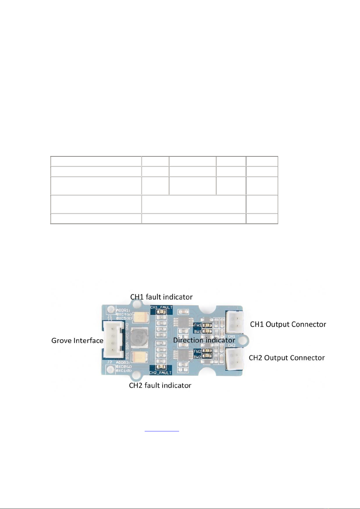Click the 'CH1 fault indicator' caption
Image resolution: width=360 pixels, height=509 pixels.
(161, 297)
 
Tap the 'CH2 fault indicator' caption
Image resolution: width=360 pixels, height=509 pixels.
(160, 385)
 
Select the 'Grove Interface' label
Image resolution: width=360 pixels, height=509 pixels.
(77, 340)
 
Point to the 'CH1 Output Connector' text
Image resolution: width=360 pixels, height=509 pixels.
(288, 324)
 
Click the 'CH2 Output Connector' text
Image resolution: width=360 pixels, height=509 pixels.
(287, 358)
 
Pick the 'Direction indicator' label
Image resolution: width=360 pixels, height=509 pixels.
(204, 340)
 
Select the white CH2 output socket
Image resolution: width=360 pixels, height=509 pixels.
(234, 358)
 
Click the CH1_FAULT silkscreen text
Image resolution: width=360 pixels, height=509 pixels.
(161, 307)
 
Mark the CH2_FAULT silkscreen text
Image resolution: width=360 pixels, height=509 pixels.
(160, 373)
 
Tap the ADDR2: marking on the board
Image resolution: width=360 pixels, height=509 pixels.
(123, 362)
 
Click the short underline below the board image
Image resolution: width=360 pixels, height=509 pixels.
(162, 431)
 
